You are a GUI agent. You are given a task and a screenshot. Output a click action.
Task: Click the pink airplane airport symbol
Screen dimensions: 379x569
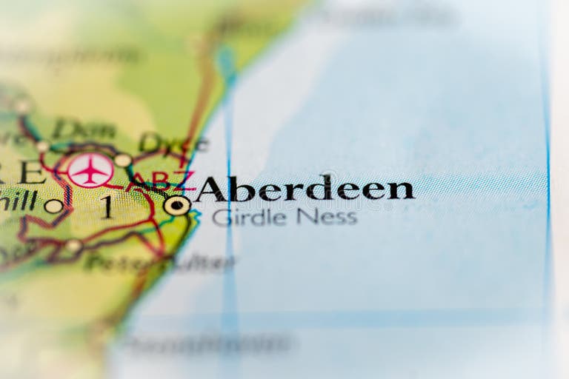90,170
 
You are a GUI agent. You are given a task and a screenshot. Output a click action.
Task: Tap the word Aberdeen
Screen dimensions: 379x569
305,189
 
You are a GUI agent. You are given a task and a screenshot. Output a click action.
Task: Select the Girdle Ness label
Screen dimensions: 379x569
284,217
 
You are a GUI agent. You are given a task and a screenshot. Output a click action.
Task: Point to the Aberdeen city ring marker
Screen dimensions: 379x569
176,205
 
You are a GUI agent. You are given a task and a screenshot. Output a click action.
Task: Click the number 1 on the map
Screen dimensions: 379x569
107,207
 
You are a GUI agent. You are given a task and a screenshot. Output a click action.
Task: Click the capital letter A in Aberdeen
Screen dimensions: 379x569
210,189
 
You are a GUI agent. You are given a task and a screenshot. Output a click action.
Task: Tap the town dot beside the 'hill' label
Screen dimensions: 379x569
53,206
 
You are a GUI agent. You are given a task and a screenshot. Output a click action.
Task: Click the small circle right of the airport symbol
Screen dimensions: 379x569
123,160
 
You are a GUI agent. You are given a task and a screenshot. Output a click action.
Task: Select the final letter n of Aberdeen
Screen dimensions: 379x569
401,190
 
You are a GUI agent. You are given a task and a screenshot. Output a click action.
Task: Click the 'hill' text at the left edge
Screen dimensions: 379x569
18,200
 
